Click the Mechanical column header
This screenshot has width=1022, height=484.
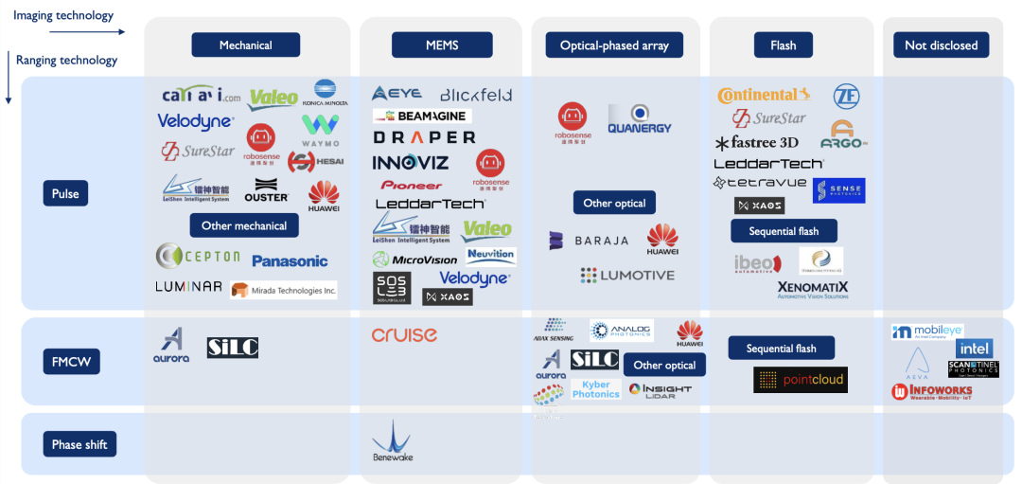point(245,45)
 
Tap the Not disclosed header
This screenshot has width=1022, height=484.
point(941,45)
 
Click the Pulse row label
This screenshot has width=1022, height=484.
point(65,193)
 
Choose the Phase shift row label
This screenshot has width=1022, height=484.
point(79,444)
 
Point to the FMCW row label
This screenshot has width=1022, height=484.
point(71,362)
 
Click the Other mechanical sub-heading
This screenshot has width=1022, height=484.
point(244,225)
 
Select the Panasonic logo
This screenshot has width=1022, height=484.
point(290,260)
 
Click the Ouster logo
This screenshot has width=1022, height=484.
point(266,191)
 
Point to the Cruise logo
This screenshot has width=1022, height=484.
point(404,334)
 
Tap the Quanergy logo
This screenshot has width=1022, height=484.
point(640,120)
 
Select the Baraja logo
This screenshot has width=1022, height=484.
point(589,241)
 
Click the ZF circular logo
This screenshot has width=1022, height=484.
point(846,96)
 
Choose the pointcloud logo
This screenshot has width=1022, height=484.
point(801,380)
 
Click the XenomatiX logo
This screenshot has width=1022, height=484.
point(812,289)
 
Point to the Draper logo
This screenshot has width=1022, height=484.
point(423,138)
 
